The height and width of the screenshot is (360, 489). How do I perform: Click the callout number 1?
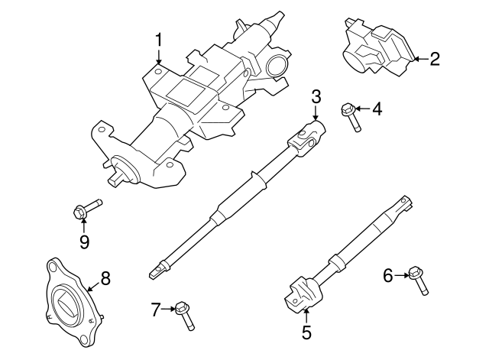tap(159, 40)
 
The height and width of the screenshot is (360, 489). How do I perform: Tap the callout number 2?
tap(434, 58)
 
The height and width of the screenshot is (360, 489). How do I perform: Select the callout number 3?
tap(316, 96)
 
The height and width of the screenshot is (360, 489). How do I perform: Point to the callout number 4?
tap(376, 110)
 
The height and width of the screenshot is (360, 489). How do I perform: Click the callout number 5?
tap(306, 332)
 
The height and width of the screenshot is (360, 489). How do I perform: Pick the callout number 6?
tap(388, 275)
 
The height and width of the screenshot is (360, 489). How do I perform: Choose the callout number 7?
tap(156, 310)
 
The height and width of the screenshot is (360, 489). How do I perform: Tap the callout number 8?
tap(105, 278)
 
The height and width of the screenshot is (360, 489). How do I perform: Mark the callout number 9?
tap(83, 242)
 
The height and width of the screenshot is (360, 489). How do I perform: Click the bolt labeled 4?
tap(352, 116)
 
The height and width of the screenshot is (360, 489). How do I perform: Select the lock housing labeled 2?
tap(374, 52)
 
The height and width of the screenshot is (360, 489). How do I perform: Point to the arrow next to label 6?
tap(401, 274)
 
